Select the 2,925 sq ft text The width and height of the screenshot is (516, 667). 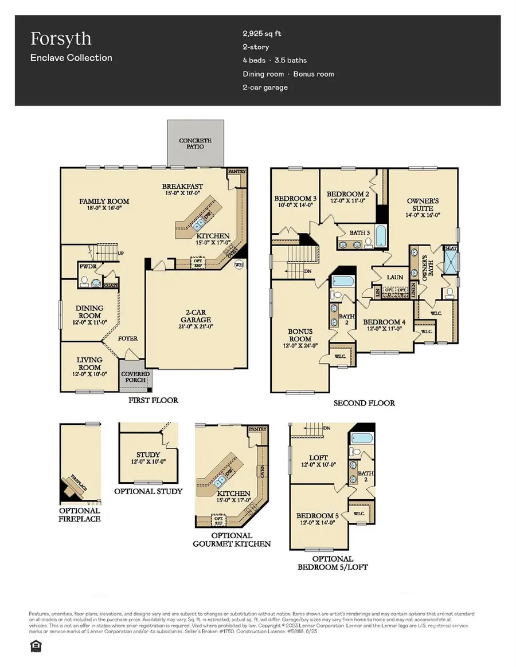click(x=261, y=34)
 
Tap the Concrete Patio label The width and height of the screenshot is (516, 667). click(x=195, y=143)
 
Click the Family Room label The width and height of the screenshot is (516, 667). click(x=104, y=202)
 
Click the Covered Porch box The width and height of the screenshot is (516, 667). click(x=135, y=377)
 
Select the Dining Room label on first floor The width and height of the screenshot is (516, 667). click(x=89, y=312)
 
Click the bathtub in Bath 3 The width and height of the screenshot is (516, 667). click(x=380, y=235)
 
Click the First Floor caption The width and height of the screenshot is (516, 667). click(x=153, y=400)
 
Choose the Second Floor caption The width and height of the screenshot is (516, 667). click(x=364, y=403)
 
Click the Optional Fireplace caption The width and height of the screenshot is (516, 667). click(x=80, y=515)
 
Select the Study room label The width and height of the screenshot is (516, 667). click(x=148, y=455)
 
